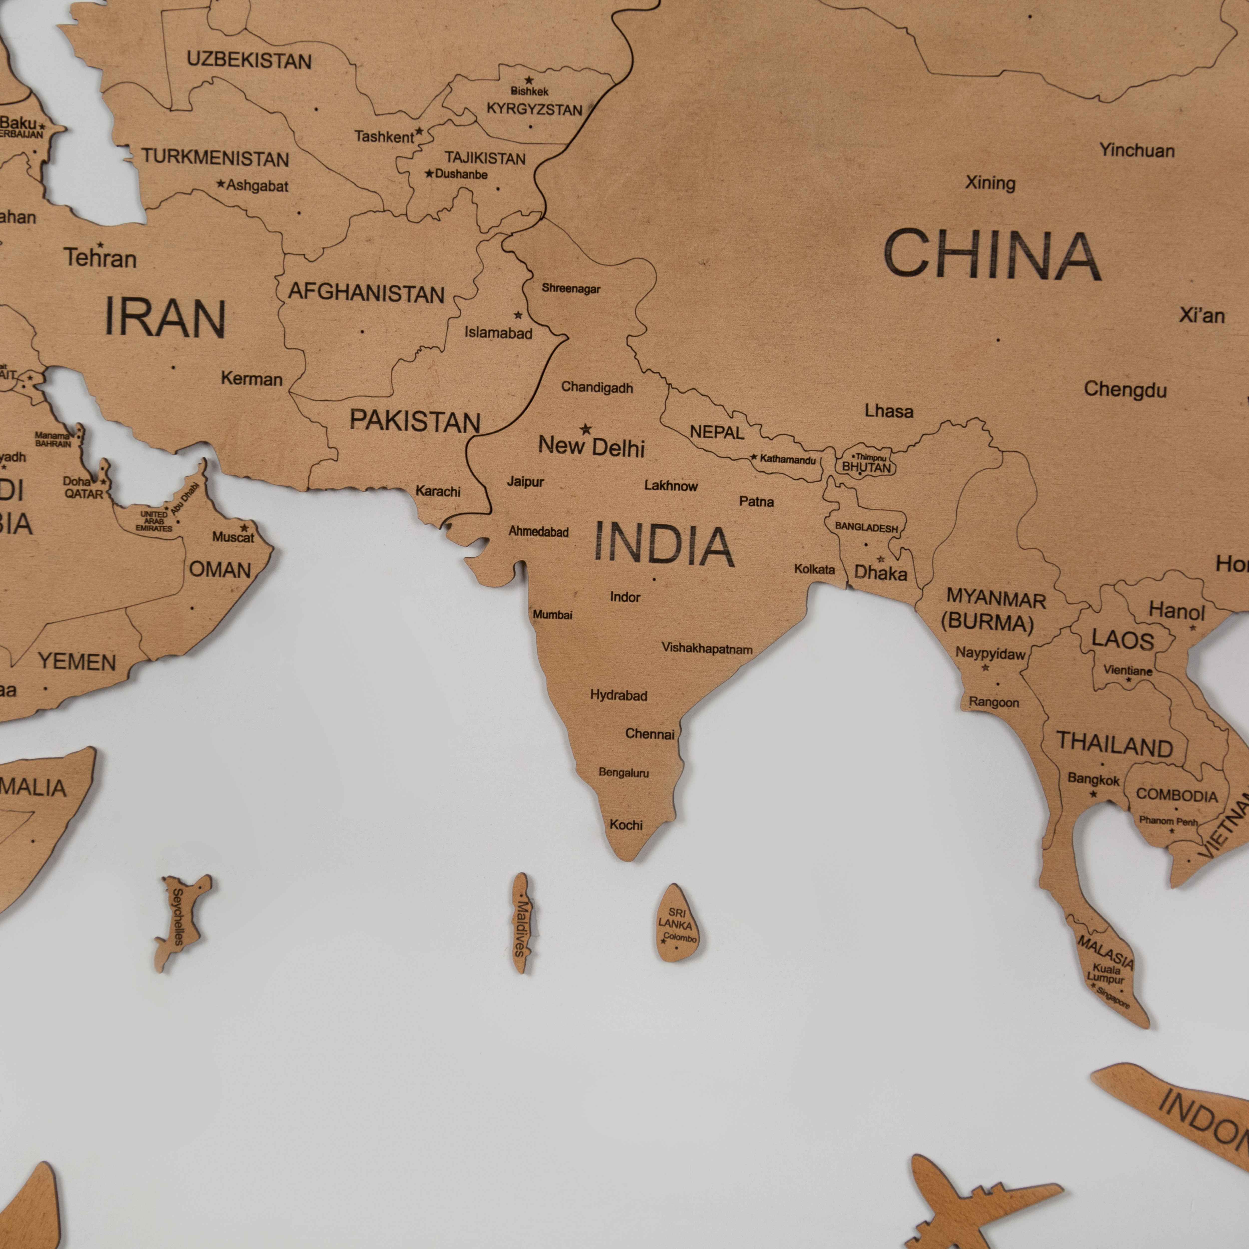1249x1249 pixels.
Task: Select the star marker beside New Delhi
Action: (586, 429)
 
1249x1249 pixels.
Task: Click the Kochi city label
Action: (626, 825)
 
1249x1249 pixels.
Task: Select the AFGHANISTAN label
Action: (366, 293)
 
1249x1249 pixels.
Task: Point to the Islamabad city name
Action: (498, 333)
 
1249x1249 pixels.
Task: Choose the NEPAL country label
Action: (717, 432)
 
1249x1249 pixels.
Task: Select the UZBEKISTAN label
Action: (249, 61)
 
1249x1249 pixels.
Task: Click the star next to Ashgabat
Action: (221, 184)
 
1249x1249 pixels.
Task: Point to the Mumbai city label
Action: (552, 614)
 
